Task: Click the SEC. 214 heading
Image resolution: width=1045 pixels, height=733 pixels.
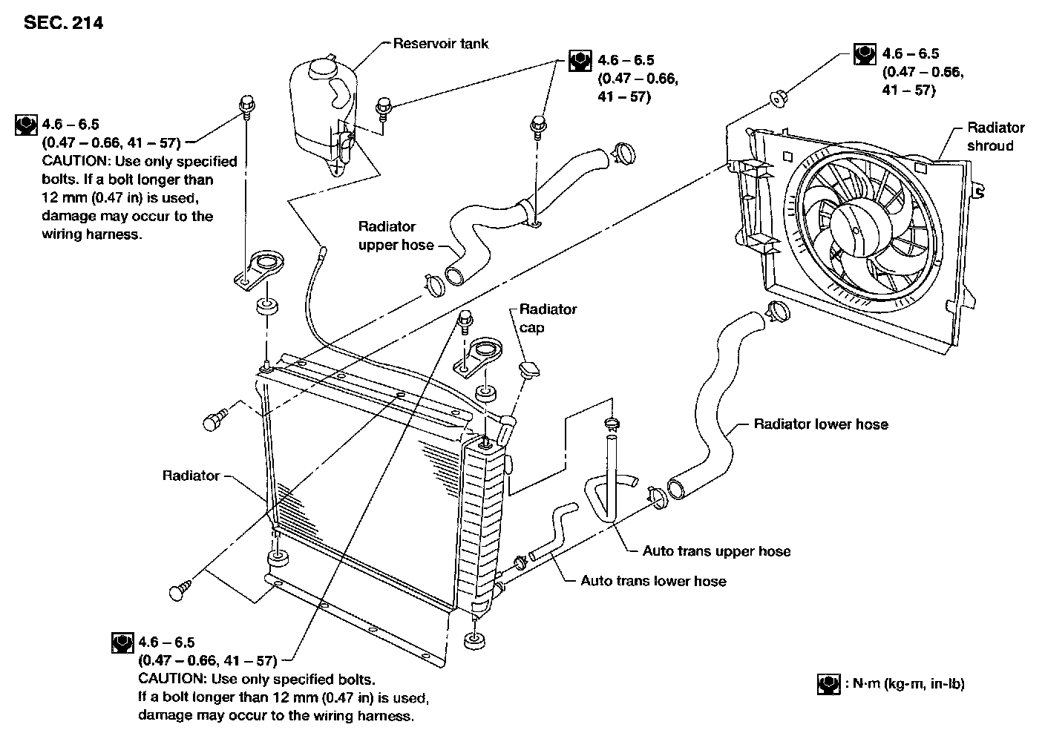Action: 63,23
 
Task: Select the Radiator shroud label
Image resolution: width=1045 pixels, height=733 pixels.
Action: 995,137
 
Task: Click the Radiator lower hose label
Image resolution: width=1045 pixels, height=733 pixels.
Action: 820,424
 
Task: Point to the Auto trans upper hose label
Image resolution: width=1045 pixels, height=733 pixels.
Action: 716,551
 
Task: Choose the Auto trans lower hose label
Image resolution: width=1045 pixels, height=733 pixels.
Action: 653,581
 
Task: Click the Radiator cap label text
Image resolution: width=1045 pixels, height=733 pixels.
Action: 547,318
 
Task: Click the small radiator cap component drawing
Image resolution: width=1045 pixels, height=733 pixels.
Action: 530,369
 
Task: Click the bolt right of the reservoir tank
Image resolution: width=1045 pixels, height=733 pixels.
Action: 384,107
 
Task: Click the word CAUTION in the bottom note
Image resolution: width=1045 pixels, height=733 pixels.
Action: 173,679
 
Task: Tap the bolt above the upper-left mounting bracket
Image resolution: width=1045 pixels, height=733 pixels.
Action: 245,105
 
